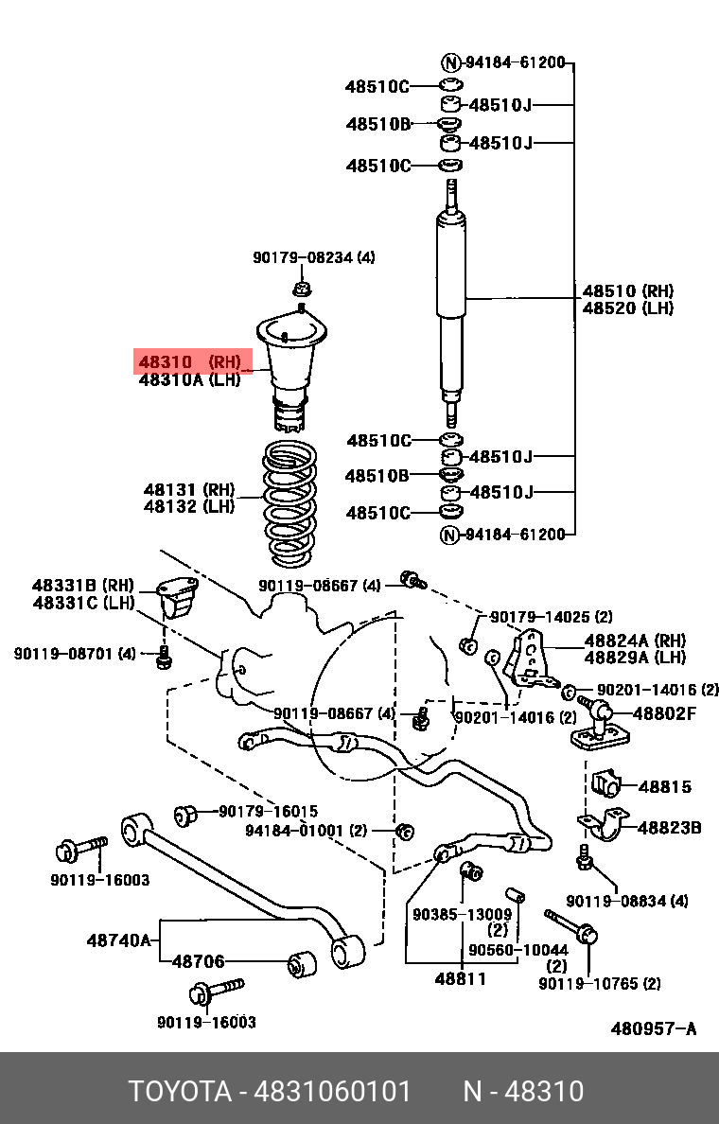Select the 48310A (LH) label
(x=190, y=379)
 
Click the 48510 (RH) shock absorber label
(x=627, y=291)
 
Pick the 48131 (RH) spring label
(x=189, y=489)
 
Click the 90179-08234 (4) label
(x=313, y=257)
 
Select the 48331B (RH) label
(x=83, y=586)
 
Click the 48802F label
(x=664, y=713)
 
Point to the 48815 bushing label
(x=664, y=786)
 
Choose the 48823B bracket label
(x=669, y=828)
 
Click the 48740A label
(x=118, y=940)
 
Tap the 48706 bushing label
(x=198, y=962)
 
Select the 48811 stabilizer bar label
(x=461, y=978)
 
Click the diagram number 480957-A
(x=653, y=1028)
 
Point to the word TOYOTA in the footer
(x=180, y=1092)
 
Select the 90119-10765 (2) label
(x=600, y=984)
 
